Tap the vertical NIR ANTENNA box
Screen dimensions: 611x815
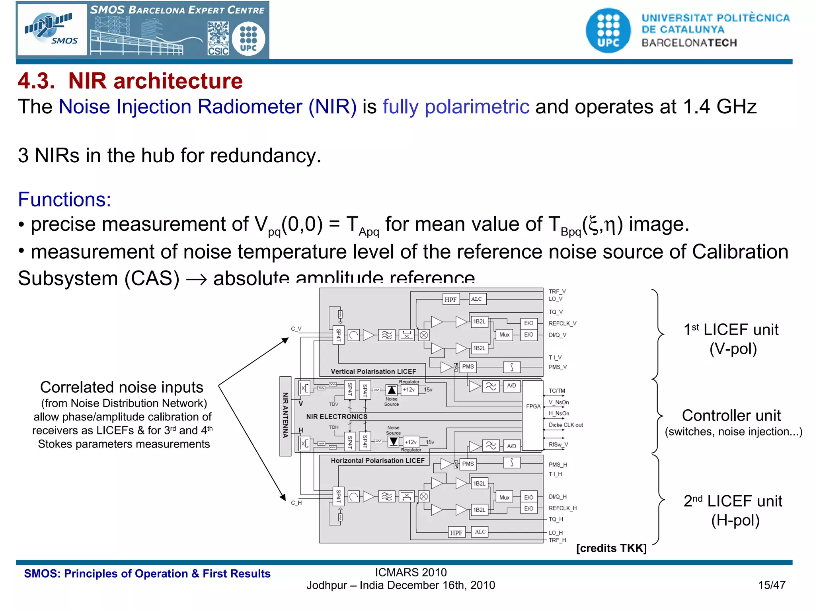click(x=285, y=416)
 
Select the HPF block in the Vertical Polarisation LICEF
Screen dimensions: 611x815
click(x=451, y=300)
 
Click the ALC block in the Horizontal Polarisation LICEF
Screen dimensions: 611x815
click(x=480, y=532)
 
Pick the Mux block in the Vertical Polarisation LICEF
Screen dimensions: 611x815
click(x=504, y=335)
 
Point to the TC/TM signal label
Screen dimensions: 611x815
click(x=557, y=391)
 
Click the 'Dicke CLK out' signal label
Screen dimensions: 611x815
click(x=565, y=425)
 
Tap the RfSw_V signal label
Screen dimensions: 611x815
click(x=558, y=445)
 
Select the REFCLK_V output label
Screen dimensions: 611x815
click(x=562, y=323)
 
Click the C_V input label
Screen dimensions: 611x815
click(x=296, y=329)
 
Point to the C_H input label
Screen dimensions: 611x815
click(x=296, y=503)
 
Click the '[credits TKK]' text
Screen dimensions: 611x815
click(x=611, y=548)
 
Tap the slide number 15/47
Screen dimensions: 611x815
click(x=772, y=585)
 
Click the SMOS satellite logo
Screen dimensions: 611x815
click(x=52, y=30)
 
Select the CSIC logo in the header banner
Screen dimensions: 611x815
click(x=218, y=39)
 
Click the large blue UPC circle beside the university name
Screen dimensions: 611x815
click(x=608, y=31)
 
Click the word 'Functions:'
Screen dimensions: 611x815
click(x=64, y=199)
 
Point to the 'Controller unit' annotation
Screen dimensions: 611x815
click(x=731, y=416)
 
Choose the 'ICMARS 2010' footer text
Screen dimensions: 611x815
click(x=411, y=572)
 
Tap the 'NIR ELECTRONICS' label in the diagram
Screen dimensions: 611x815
click(x=337, y=416)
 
